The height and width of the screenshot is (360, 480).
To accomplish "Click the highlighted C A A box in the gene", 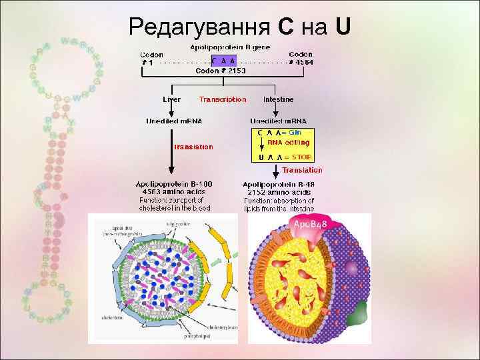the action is [x=224, y=61].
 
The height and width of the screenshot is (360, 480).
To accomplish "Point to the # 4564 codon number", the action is [x=300, y=61].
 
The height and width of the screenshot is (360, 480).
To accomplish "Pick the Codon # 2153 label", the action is [x=221, y=69].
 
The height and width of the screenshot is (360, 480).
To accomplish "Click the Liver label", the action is [x=171, y=99].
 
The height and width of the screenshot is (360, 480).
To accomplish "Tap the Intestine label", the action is [x=278, y=99].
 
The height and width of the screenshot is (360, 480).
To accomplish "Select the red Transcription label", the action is [x=223, y=99].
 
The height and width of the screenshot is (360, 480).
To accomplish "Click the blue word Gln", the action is [x=295, y=132].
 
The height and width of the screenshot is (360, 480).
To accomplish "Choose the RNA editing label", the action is [x=289, y=142].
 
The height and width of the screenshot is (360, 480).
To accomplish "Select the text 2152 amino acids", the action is [x=279, y=191].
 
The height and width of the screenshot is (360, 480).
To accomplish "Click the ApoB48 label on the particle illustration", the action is [x=311, y=226].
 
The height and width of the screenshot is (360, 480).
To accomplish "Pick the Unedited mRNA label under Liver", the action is [x=174, y=121].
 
